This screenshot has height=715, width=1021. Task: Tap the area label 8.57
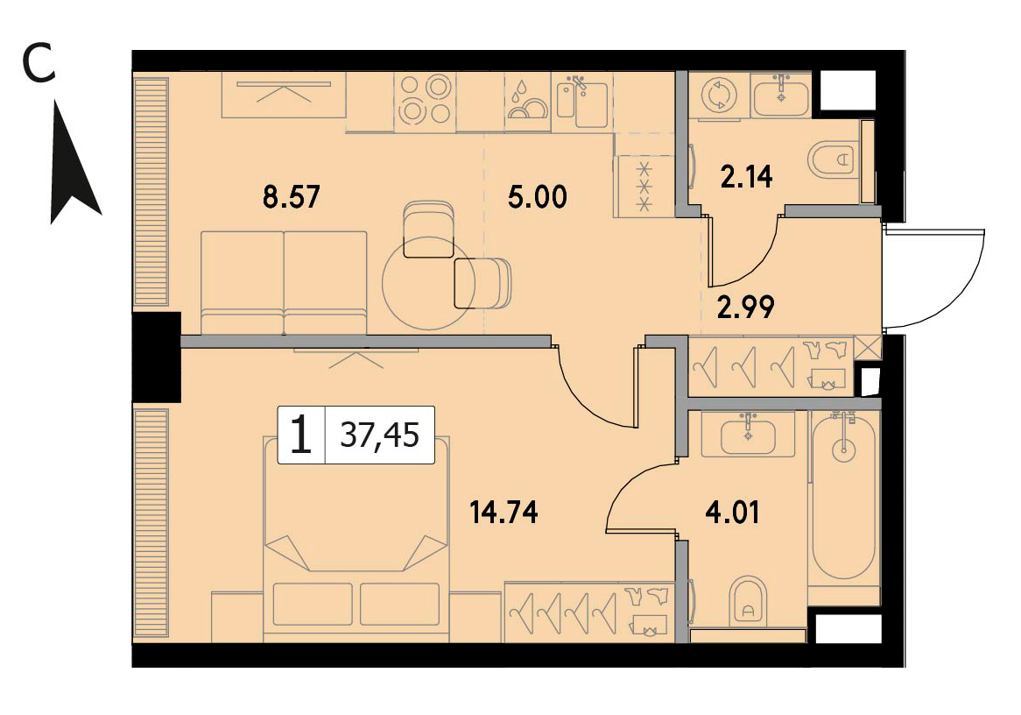point(291,197)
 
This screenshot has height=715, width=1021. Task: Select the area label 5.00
point(537,197)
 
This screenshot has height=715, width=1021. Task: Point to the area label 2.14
point(746,177)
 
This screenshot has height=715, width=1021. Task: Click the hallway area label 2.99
point(745,307)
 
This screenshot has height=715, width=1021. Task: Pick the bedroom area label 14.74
point(504,513)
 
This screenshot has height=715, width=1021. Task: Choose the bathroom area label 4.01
point(733,513)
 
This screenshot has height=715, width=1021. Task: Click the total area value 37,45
point(380,435)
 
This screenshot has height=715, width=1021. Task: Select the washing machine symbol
point(719,96)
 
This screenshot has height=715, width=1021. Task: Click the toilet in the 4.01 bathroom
point(748,599)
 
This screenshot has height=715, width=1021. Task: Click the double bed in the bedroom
point(356,539)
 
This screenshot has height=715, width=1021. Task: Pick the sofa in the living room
point(284,283)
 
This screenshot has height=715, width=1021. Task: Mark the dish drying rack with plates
point(528,102)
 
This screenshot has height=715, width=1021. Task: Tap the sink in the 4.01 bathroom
point(748,435)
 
